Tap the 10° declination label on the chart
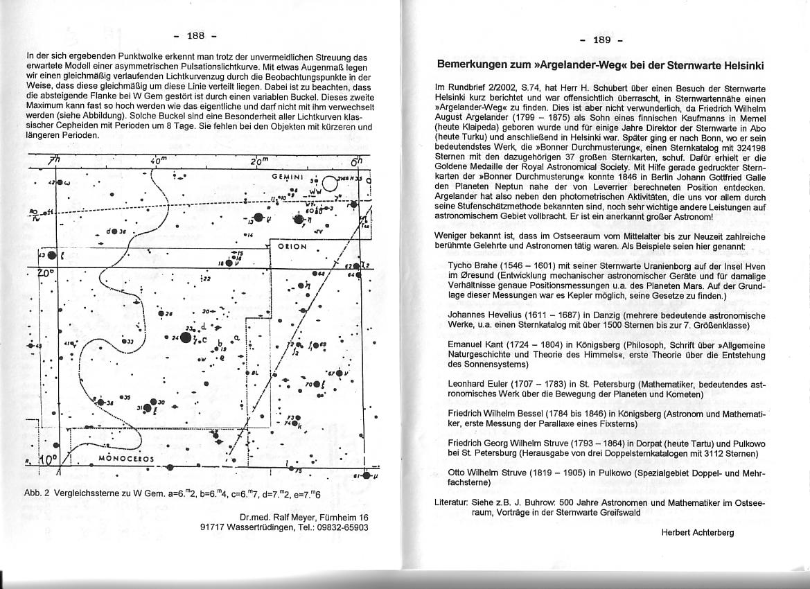pyautogui.click(x=46, y=460)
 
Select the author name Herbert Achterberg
pyautogui.click(x=698, y=532)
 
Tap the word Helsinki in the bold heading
pyautogui.click(x=738, y=66)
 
